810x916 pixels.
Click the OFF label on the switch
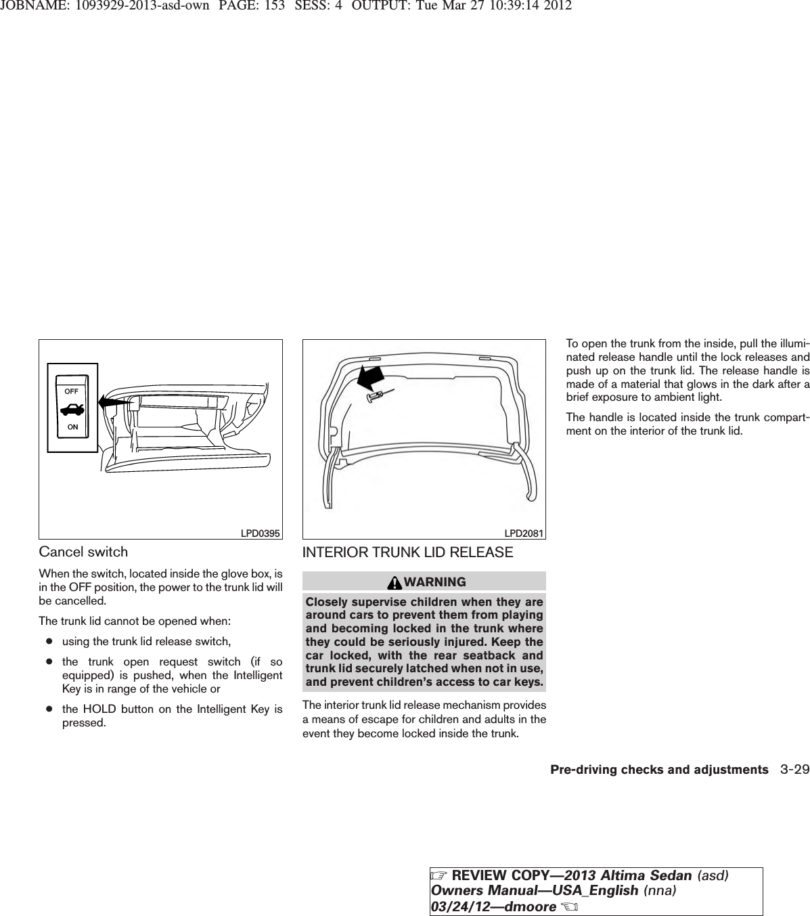coord(72,391)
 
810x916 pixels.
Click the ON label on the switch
coord(72,427)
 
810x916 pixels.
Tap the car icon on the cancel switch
coord(72,410)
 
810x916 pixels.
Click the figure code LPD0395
coord(261,533)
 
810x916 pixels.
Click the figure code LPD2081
coord(524,533)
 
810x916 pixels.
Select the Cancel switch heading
coord(83,552)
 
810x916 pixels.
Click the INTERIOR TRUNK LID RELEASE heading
coord(407,552)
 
